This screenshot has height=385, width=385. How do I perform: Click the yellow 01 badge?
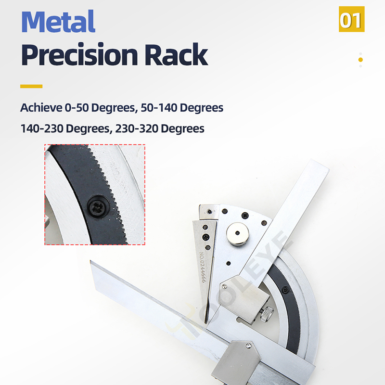click(x=351, y=20)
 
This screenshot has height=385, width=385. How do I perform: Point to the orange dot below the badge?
click(x=360, y=60)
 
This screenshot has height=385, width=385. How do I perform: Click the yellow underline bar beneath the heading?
click(x=31, y=87)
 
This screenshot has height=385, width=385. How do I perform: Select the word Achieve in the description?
click(x=41, y=107)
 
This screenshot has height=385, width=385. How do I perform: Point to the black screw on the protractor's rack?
click(x=285, y=290)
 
